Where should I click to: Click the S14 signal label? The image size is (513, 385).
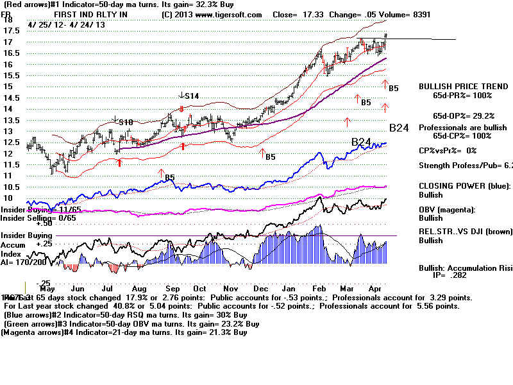pyautogui.click(x=191, y=96)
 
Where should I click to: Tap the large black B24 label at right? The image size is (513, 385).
pyautogui.click(x=399, y=128)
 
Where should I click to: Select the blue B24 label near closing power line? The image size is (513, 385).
pyautogui.click(x=362, y=141)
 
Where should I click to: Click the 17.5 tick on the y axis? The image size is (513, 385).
pyautogui.click(x=10, y=30)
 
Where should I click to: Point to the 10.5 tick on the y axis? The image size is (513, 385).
pyautogui.click(x=10, y=187)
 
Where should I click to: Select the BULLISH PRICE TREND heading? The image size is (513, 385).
pyautogui.click(x=456, y=86)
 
